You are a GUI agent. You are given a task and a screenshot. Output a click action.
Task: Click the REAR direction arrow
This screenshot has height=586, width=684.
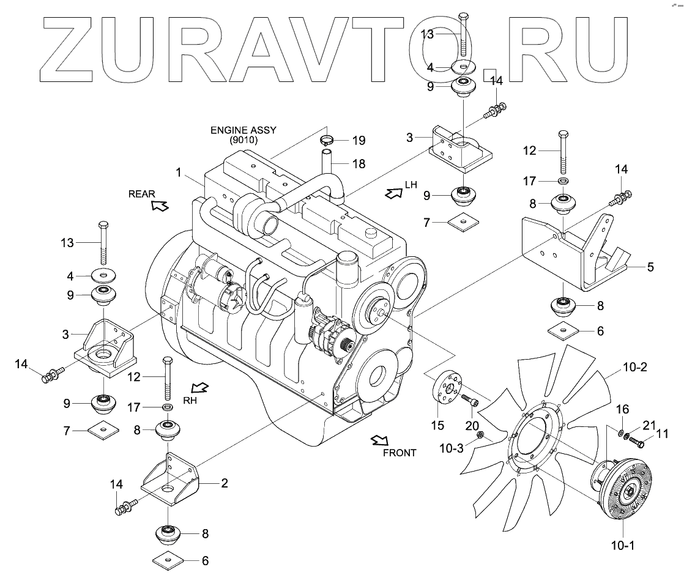pyautogui.click(x=160, y=206)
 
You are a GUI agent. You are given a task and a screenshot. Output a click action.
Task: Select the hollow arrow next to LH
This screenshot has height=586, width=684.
pyautogui.click(x=390, y=193)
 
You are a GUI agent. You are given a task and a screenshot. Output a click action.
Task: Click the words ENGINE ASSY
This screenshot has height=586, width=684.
pyautogui.click(x=243, y=130)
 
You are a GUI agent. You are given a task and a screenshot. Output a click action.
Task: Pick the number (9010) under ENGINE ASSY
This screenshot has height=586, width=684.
pyautogui.click(x=243, y=140)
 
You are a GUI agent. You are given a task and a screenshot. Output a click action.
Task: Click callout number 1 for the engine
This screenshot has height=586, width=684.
pyautogui.click(x=179, y=173)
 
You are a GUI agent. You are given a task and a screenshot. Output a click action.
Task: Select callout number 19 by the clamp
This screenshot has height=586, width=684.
pyautogui.click(x=359, y=141)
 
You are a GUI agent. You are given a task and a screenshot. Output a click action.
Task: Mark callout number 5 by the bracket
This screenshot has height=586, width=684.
pyautogui.click(x=650, y=267)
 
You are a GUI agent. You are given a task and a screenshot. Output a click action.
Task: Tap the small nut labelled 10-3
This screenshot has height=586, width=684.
pyautogui.click(x=481, y=436)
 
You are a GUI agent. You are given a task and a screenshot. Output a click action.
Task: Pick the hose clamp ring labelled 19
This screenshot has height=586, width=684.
pyautogui.click(x=329, y=139)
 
